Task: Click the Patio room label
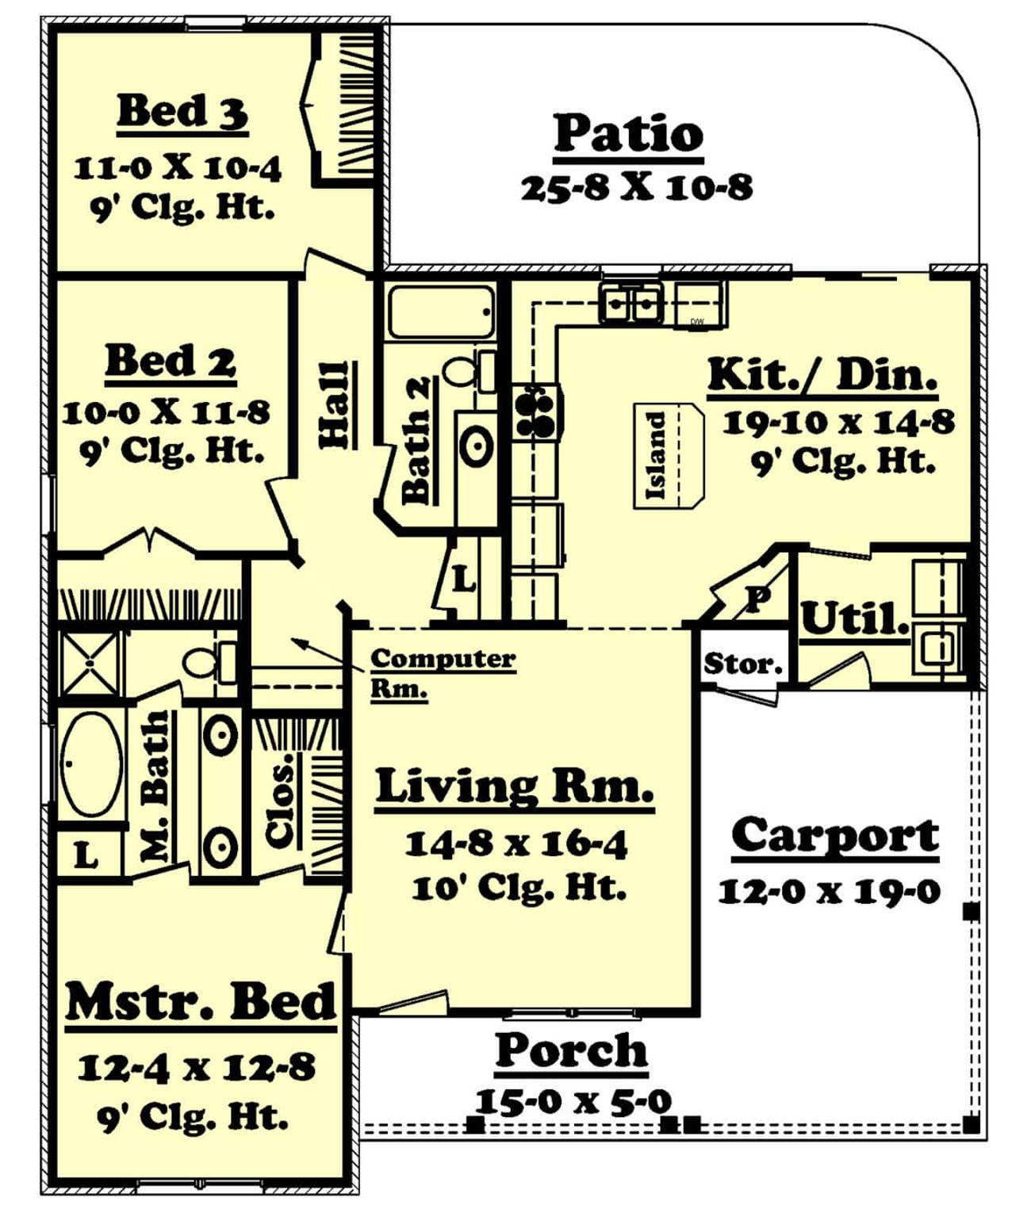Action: pyautogui.click(x=627, y=134)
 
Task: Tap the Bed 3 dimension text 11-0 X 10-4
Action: pyautogui.click(x=178, y=168)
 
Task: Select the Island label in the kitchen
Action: pyautogui.click(x=657, y=456)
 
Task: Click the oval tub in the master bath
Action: pyautogui.click(x=92, y=764)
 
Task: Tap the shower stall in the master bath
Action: pyautogui.click(x=90, y=661)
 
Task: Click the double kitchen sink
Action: pyautogui.click(x=631, y=304)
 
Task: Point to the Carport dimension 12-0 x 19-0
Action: pyautogui.click(x=829, y=891)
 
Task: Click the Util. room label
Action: pyautogui.click(x=854, y=619)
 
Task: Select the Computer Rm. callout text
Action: pyautogui.click(x=441, y=672)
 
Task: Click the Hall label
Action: pyautogui.click(x=335, y=405)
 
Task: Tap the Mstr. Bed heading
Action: pyautogui.click(x=201, y=1002)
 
